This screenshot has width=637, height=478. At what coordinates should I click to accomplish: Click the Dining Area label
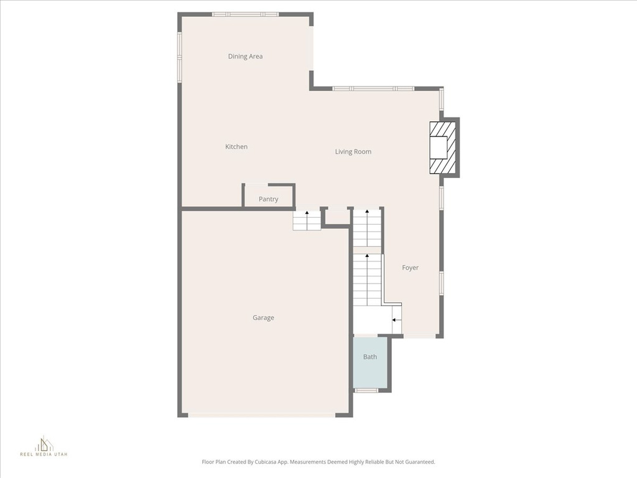coord(245,57)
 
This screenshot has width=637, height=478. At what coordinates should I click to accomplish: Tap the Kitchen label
coord(236,147)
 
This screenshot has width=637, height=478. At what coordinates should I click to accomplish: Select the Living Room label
coord(353,152)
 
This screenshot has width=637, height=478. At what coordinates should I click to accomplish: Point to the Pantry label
coord(268,199)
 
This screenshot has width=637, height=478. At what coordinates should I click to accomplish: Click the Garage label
coord(263,318)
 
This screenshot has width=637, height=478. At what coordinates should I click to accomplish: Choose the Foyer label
coord(410,268)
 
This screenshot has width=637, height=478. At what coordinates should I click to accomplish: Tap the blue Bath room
coord(370,365)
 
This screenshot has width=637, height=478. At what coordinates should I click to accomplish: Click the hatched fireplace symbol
coord(443,148)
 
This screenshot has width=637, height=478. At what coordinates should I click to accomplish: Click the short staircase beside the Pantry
coord(307,220)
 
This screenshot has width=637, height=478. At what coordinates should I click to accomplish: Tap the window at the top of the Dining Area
coord(245,14)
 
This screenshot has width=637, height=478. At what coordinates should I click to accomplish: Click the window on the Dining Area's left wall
coord(179,57)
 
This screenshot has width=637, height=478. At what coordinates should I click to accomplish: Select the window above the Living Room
coord(373,88)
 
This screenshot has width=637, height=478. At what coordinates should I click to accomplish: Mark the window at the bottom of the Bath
coord(366,390)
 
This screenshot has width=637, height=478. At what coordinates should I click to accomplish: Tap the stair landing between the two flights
coord(367,250)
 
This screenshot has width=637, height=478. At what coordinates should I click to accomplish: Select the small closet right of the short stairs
coord(337,217)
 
